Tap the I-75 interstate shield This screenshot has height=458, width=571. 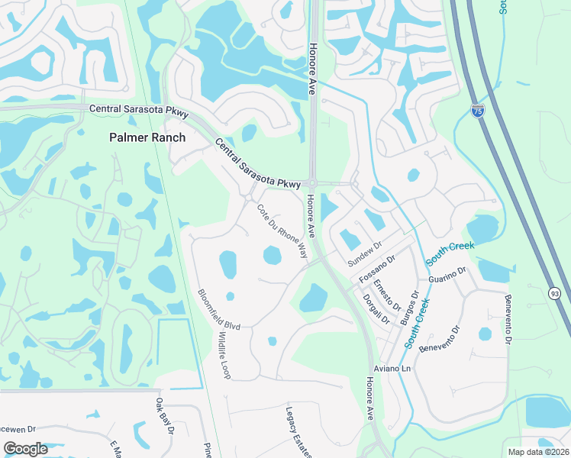478,111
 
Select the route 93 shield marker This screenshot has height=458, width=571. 555,292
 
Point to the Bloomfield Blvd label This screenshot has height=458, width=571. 218,309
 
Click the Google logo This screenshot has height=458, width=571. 25,449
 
